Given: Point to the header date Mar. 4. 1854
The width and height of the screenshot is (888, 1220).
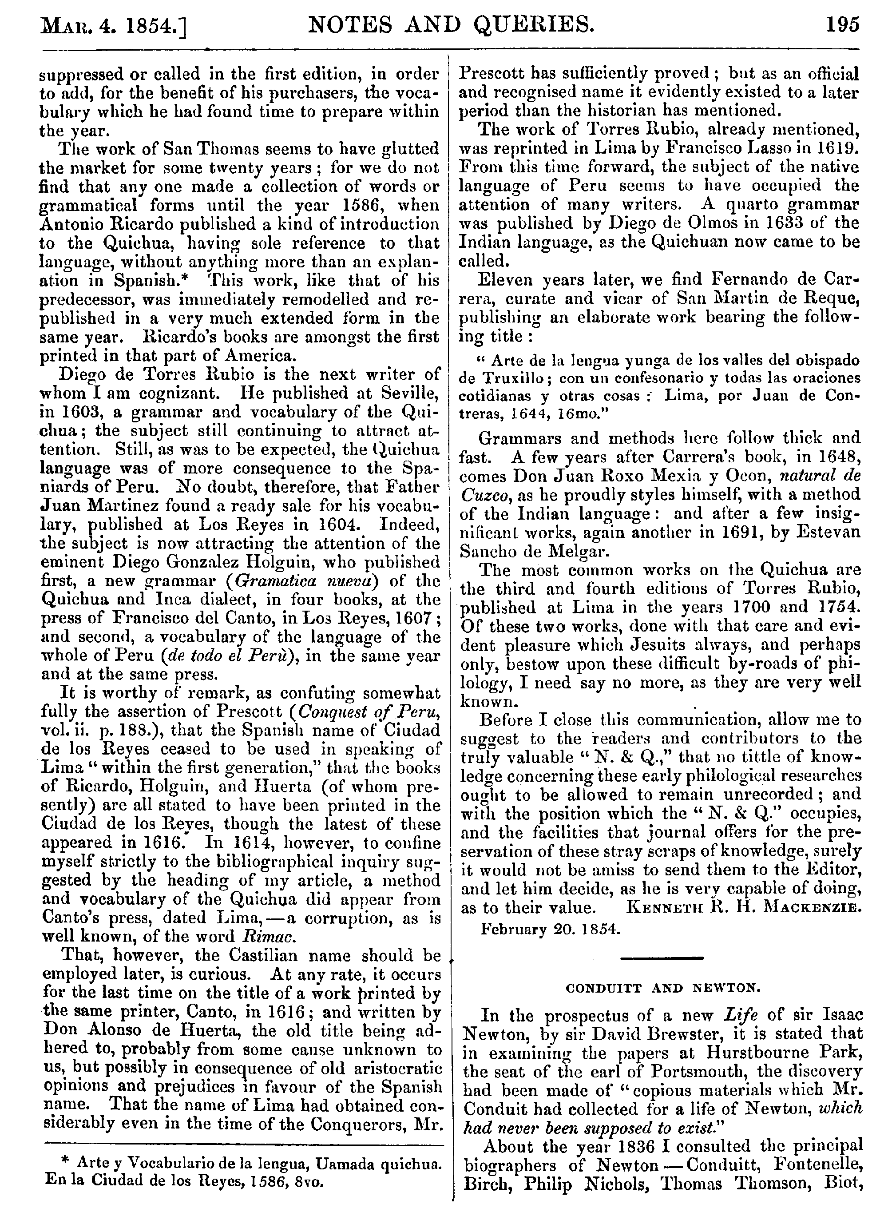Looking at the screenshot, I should (x=112, y=26).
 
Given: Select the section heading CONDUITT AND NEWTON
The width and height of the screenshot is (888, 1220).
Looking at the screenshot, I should (x=662, y=988).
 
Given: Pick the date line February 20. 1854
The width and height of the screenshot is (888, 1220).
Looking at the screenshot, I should (x=550, y=929).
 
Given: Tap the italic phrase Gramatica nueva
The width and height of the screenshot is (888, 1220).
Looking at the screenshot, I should (x=296, y=581).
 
